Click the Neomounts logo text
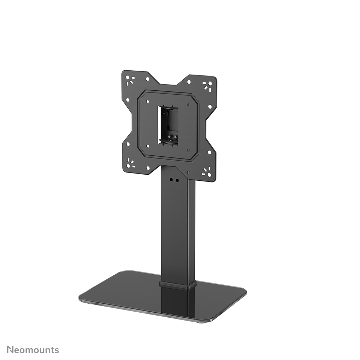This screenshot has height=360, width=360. (x=33, y=349)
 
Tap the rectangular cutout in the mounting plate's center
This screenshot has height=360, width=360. (x=168, y=124)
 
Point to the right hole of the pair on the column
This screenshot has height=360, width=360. (x=176, y=180)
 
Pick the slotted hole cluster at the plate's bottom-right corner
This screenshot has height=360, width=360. (x=207, y=172)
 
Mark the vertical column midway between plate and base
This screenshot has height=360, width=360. (x=178, y=229)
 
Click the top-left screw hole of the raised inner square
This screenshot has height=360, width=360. (x=147, y=101)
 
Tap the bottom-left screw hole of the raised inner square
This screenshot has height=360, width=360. (x=148, y=146)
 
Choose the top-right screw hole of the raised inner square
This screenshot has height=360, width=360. (x=188, y=105)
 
